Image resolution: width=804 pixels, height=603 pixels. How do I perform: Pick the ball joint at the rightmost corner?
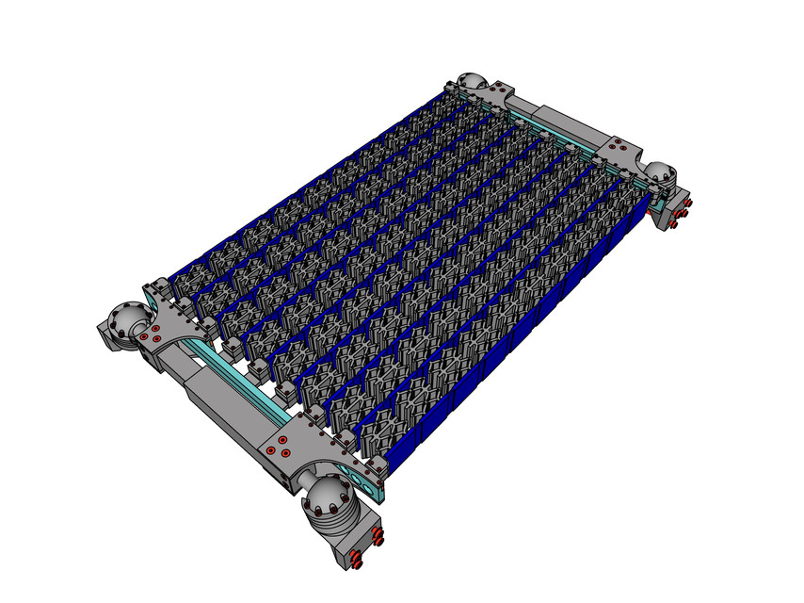coord(660,171)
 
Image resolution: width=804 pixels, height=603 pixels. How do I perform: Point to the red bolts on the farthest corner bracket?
coord(490,91)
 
